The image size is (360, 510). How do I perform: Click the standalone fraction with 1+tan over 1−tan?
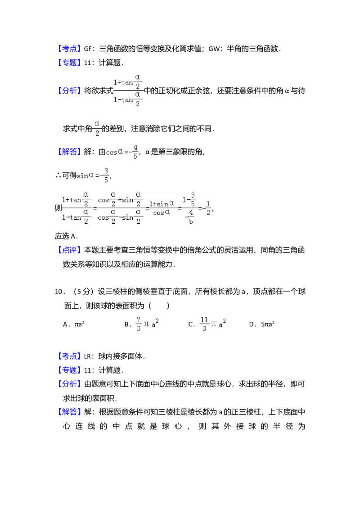[x=127, y=90]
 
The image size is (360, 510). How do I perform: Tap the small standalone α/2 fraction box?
[x=97, y=128]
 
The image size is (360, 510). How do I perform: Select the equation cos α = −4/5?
[x=122, y=152]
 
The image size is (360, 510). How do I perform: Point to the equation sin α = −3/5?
[x=93, y=175]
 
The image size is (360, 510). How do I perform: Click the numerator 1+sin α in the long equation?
[x=162, y=204]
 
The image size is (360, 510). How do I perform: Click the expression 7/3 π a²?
[x=148, y=324]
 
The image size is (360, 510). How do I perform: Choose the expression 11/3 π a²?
[x=212, y=324]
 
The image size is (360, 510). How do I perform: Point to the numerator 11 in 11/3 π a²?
[x=204, y=320]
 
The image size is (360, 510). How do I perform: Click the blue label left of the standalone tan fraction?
[x=70, y=91]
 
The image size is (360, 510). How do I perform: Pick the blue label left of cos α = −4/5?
[x=70, y=152]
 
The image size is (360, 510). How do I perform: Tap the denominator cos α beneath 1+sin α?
[x=162, y=213]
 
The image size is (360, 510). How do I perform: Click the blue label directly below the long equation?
[x=70, y=250]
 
